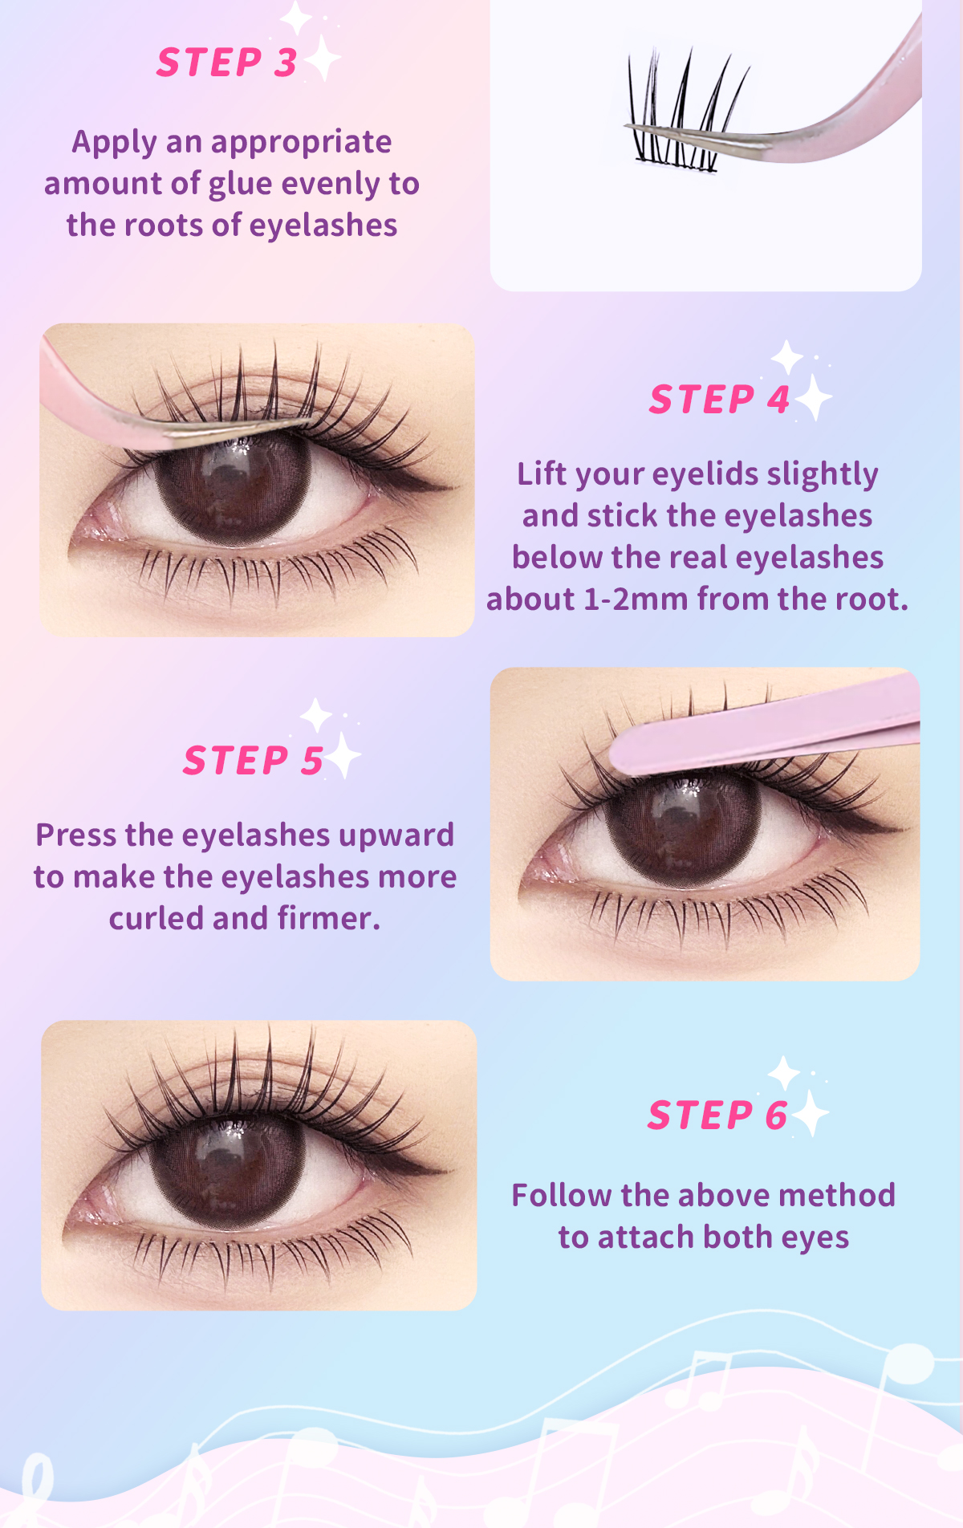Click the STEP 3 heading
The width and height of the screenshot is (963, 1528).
point(226,63)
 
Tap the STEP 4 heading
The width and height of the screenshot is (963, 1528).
point(719,400)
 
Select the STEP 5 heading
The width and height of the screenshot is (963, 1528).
point(253,761)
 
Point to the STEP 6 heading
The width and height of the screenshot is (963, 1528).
point(717,1116)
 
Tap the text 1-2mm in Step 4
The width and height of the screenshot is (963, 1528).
point(635,599)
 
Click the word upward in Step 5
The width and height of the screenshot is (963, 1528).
point(396,835)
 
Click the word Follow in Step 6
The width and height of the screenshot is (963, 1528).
point(562,1196)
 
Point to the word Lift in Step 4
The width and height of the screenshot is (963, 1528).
point(542,474)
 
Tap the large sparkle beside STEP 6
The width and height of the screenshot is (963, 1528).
point(811,1114)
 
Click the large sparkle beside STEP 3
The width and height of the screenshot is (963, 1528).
point(323,59)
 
